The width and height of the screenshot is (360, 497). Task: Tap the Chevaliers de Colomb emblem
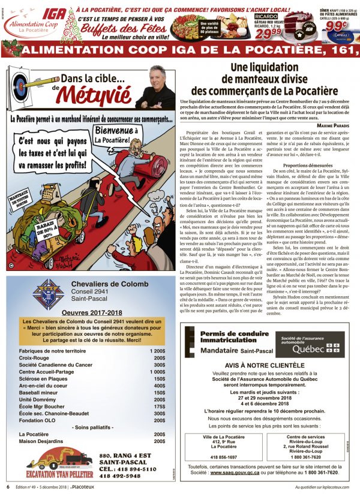(44, 302)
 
